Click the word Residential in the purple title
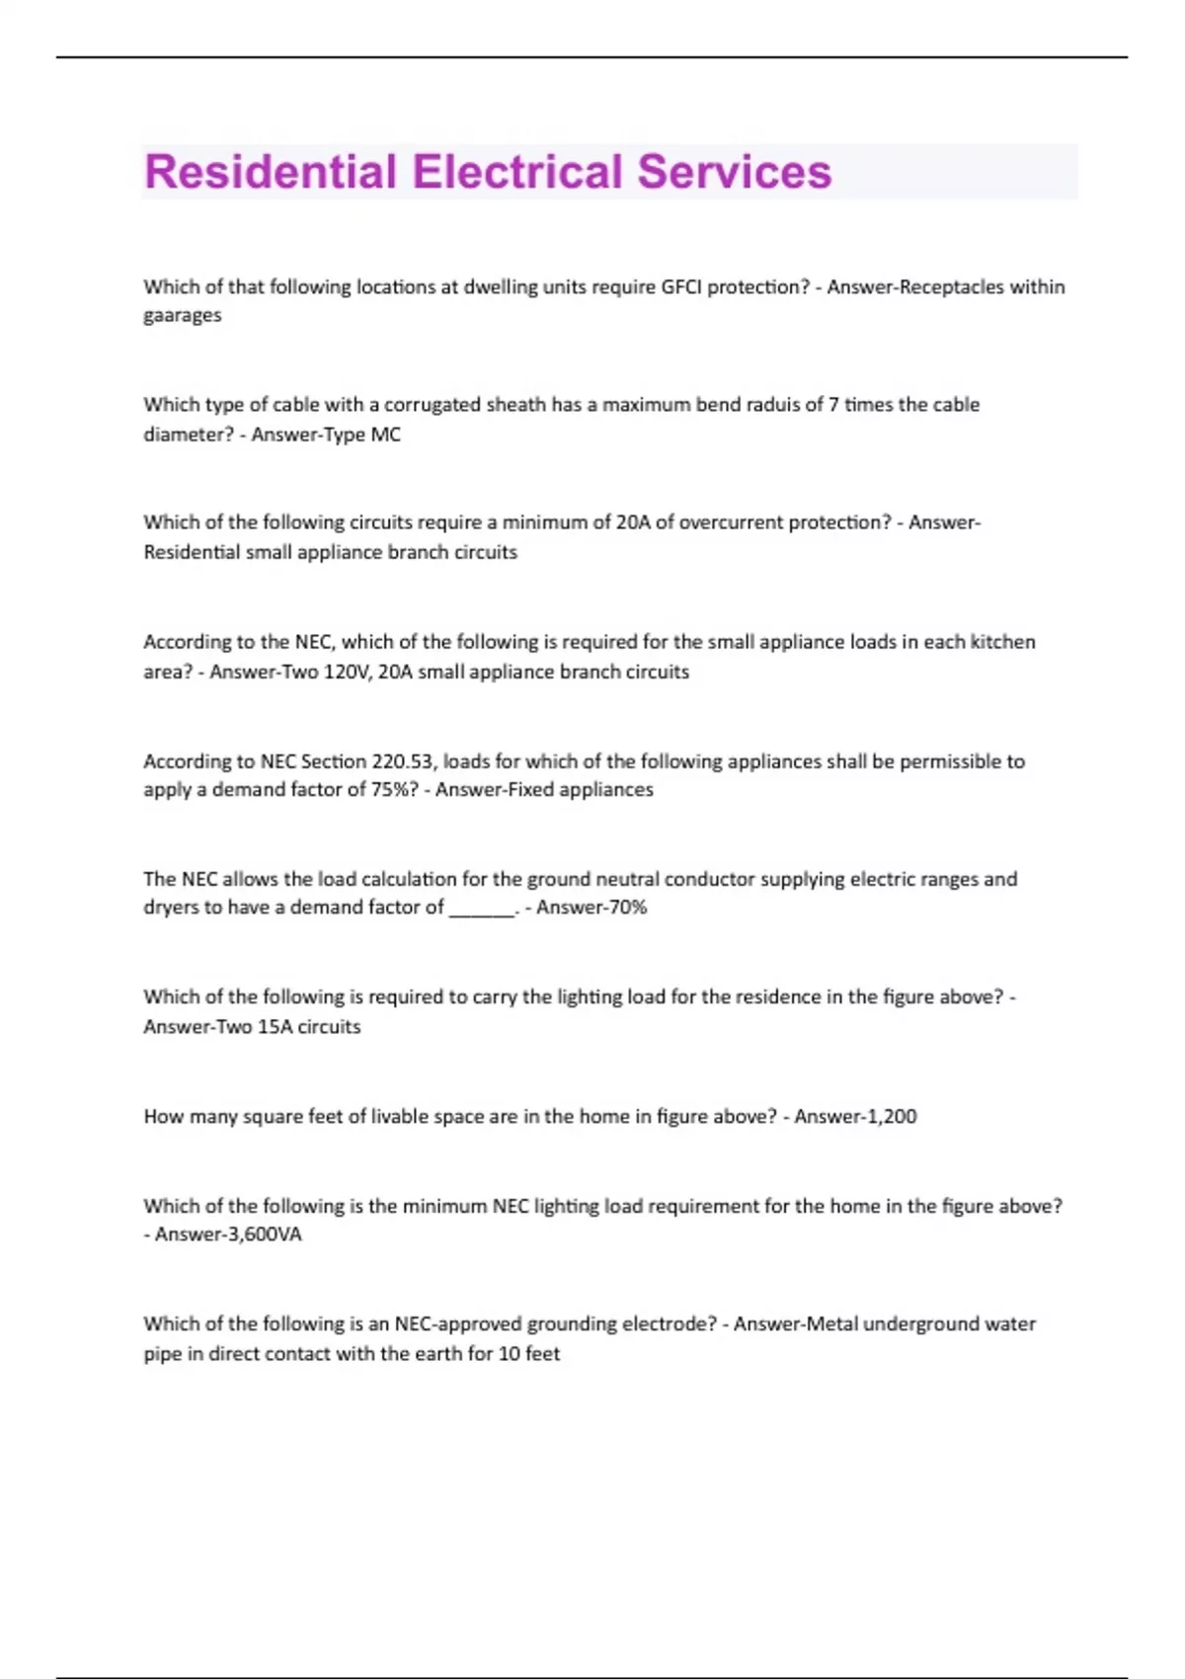pyautogui.click(x=270, y=172)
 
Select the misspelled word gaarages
pyautogui.click(x=183, y=316)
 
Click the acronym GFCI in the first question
pyautogui.click(x=680, y=287)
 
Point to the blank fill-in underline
pyautogui.click(x=482, y=910)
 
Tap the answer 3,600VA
pyautogui.click(x=264, y=1235)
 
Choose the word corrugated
pyautogui.click(x=432, y=405)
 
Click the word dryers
pyautogui.click(x=171, y=908)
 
